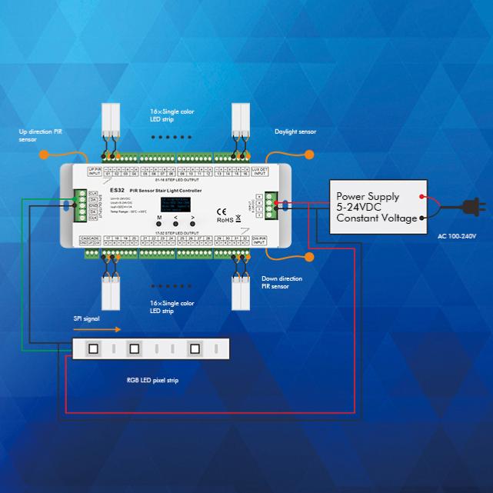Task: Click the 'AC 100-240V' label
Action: point(457,235)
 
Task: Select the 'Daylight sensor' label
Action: point(295,132)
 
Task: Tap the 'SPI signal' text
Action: point(86,318)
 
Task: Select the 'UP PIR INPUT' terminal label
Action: point(95,172)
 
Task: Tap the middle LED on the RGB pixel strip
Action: point(133,348)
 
